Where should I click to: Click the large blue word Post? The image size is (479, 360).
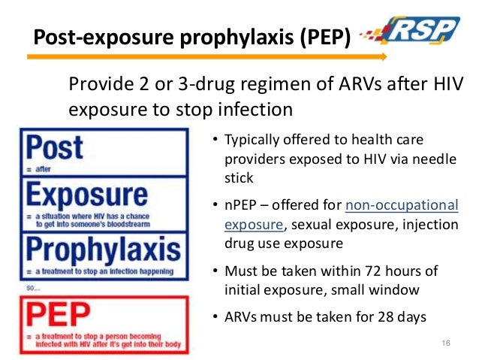(x=53, y=148)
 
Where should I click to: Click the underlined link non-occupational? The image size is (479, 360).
(x=401, y=205)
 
